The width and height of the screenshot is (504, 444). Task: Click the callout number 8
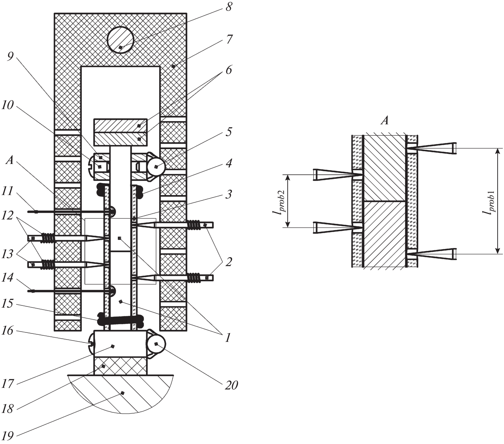[229, 7]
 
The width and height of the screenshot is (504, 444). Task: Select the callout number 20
[231, 385]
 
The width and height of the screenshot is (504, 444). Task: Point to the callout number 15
[8, 304]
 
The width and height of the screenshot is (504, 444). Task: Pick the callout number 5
[229, 132]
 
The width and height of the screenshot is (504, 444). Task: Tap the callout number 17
[8, 384]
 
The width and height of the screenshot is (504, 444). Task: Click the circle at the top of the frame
[121, 41]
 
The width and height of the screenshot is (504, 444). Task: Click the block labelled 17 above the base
[120, 344]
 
